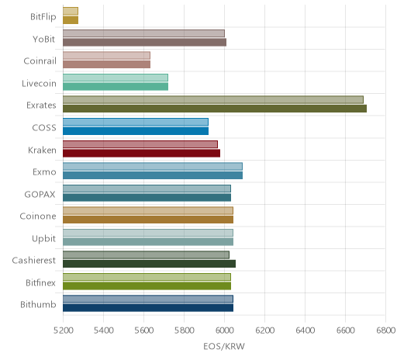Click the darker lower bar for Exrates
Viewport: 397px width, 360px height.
(215, 109)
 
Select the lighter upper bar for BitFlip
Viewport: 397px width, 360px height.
(71, 11)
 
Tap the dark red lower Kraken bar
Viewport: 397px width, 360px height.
(142, 153)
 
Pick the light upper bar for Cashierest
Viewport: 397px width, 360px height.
(146, 255)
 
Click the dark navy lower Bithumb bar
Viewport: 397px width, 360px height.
(148, 308)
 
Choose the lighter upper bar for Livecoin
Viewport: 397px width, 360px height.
(116, 78)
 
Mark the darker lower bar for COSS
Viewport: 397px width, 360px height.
(136, 131)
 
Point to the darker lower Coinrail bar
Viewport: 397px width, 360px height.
(107, 64)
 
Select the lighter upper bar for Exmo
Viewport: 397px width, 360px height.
(153, 166)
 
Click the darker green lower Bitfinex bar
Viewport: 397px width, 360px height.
(147, 286)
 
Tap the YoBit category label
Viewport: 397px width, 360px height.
(44, 39)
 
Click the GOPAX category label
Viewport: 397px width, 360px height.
(40, 194)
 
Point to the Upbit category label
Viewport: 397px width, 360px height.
(43, 239)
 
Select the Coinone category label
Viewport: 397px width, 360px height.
(38, 216)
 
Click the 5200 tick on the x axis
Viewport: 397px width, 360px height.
(64, 331)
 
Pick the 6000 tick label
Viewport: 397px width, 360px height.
(225, 331)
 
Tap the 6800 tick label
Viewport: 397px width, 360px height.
(386, 331)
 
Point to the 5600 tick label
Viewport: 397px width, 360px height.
(144, 331)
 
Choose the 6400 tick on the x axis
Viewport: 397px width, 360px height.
(306, 331)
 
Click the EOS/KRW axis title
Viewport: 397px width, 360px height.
(224, 346)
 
